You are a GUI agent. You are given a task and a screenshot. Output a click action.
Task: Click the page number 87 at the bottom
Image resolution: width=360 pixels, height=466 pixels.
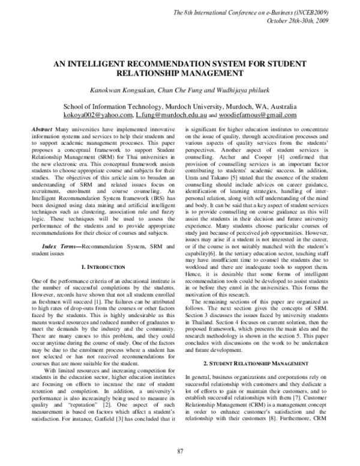click(x=180, y=451)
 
